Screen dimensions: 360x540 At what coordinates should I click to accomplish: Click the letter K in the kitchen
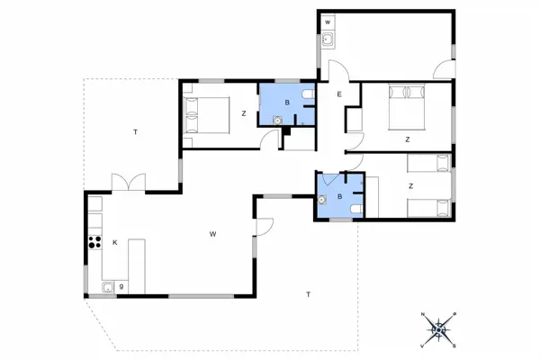[x=114, y=242]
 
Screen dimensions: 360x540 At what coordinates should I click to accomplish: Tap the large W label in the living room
[x=213, y=234]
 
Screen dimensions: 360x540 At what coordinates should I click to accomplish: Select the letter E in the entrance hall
[x=339, y=94]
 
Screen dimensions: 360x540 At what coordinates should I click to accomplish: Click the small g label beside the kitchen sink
[x=121, y=286]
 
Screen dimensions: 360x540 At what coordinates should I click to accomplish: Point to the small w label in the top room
[x=328, y=21]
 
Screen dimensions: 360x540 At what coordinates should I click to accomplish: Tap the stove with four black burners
[x=93, y=241]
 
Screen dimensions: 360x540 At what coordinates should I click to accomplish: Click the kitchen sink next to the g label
[x=108, y=287]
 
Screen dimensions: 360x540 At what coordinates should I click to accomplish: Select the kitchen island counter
[x=137, y=260]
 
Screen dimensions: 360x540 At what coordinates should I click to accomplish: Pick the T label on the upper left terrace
[x=135, y=132]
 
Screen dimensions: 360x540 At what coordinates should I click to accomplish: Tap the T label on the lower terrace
[x=308, y=294]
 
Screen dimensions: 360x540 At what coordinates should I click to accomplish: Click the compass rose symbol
[x=439, y=328]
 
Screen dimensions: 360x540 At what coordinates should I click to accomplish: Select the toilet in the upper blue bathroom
[x=308, y=94]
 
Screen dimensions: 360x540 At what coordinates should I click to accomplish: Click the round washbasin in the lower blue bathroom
[x=322, y=201]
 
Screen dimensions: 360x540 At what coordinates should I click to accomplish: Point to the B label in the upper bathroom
[x=286, y=103]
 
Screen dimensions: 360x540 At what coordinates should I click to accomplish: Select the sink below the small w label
[x=328, y=39]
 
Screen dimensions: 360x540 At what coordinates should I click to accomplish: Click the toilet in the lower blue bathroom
[x=356, y=209]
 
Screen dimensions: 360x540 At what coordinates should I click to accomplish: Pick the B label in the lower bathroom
[x=339, y=195]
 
